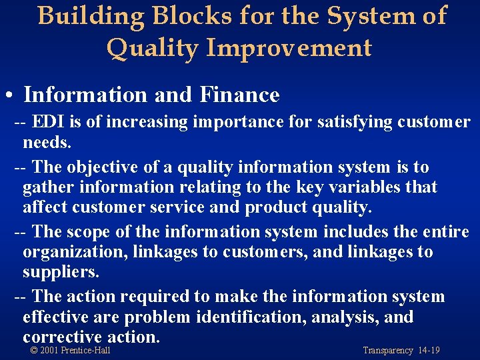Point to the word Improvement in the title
pos(288,48)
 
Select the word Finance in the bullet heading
pos(239,95)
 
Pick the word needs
pos(47,143)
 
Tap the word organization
pos(75,252)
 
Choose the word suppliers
pos(61,273)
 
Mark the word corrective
pos(62,337)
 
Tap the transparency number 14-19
pos(429,351)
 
